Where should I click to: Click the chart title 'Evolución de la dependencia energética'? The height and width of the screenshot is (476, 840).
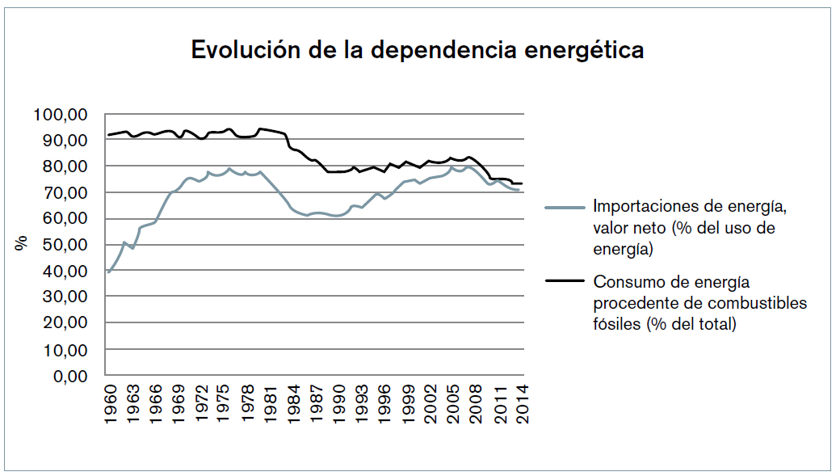(417, 50)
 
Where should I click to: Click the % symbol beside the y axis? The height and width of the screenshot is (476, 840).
(21, 242)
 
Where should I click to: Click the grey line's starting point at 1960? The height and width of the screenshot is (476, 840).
(108, 272)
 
